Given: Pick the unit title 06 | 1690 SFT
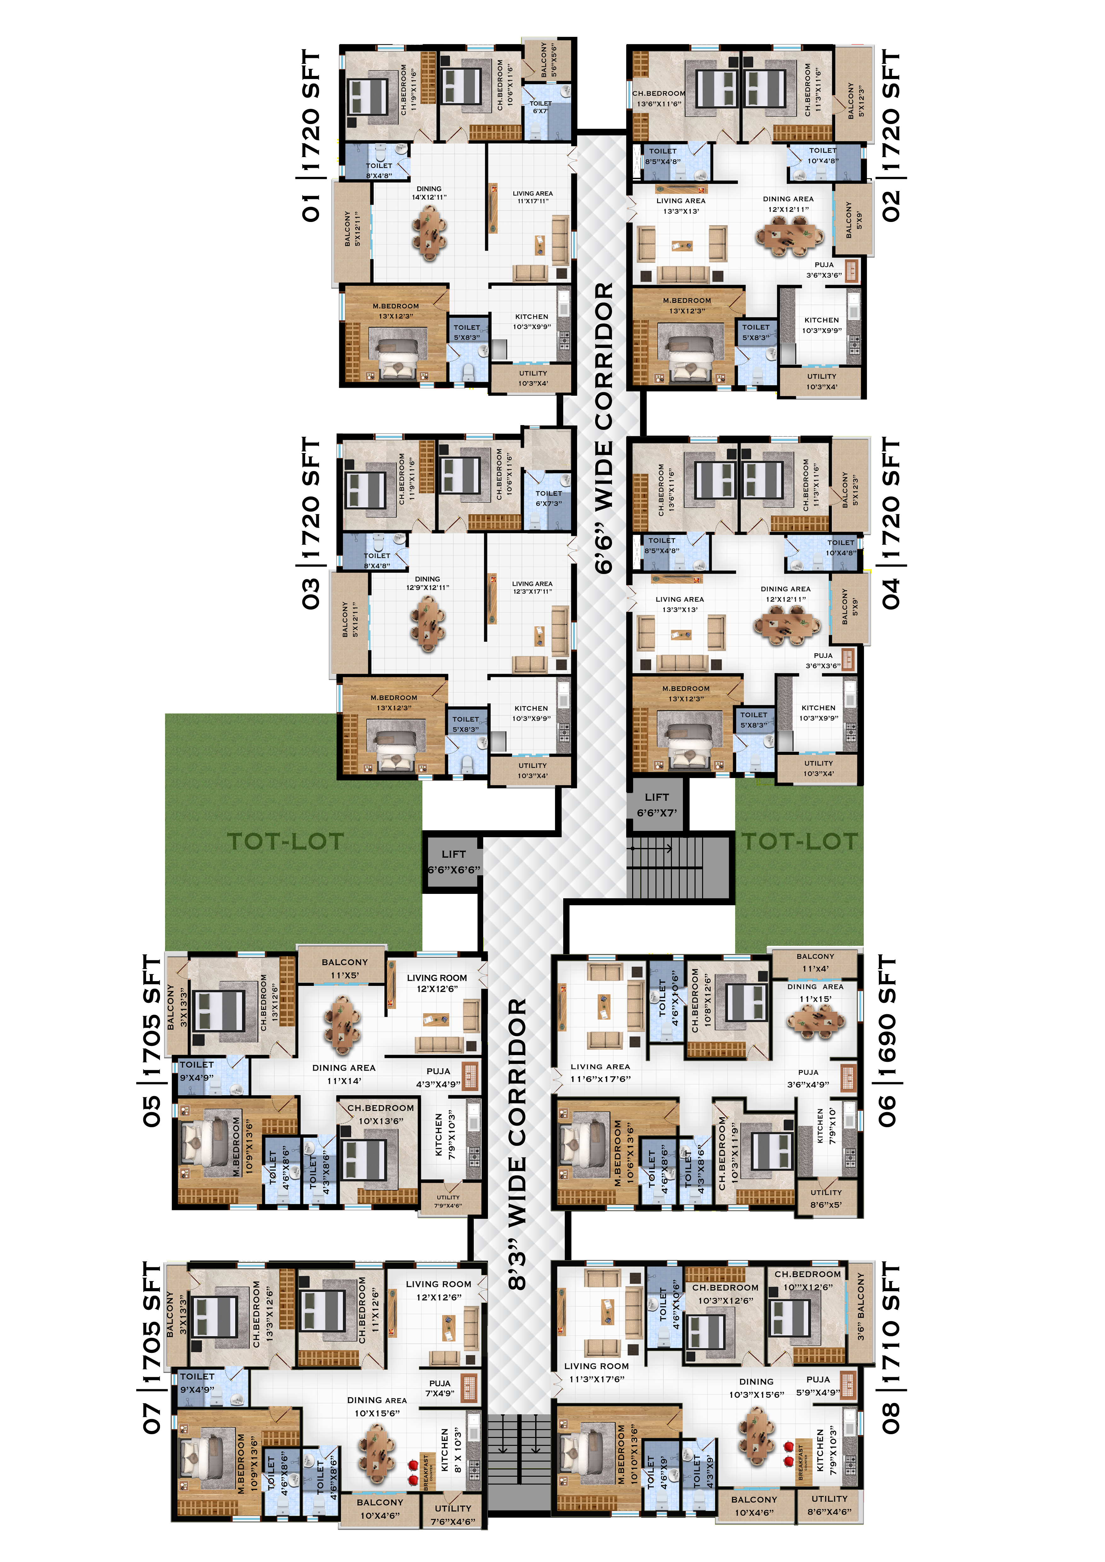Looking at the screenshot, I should click(887, 1041).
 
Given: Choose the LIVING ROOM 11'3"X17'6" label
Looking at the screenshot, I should click(597, 1372).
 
